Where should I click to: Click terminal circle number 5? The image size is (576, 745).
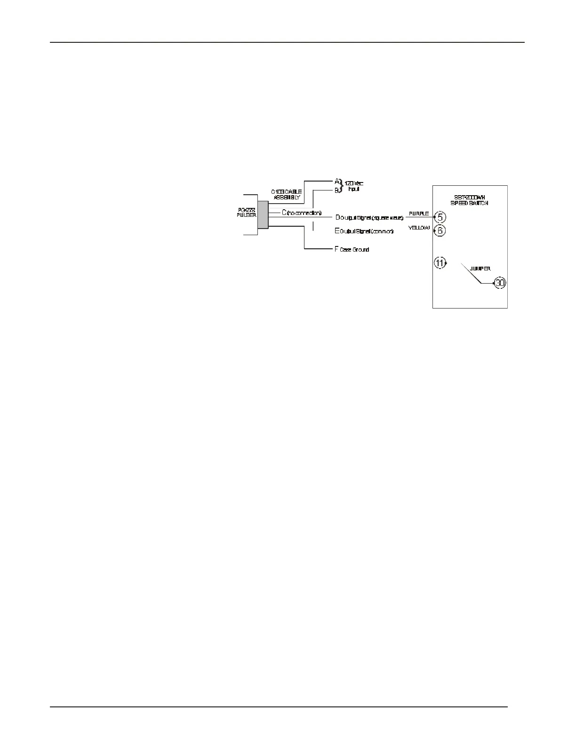[440, 217]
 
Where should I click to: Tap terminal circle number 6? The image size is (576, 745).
[440, 230]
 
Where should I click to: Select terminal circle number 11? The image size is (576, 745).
[440, 263]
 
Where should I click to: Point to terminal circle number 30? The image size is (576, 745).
[500, 283]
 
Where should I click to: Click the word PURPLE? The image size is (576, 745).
[418, 214]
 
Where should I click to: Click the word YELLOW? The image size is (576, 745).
[419, 228]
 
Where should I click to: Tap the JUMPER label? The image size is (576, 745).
[480, 269]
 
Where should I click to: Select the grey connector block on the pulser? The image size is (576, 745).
[263, 214]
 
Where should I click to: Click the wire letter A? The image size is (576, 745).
[337, 181]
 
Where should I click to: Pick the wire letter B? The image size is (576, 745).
[337, 190]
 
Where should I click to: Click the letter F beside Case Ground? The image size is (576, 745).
[336, 249]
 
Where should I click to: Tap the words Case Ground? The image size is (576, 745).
[354, 250]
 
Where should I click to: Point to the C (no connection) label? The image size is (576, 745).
[301, 213]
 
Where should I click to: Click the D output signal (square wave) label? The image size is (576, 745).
[369, 218]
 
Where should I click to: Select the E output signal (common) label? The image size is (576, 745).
[363, 231]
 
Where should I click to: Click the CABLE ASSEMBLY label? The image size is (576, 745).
[286, 195]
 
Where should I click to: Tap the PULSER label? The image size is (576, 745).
[246, 212]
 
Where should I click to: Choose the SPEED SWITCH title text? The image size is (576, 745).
[470, 200]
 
